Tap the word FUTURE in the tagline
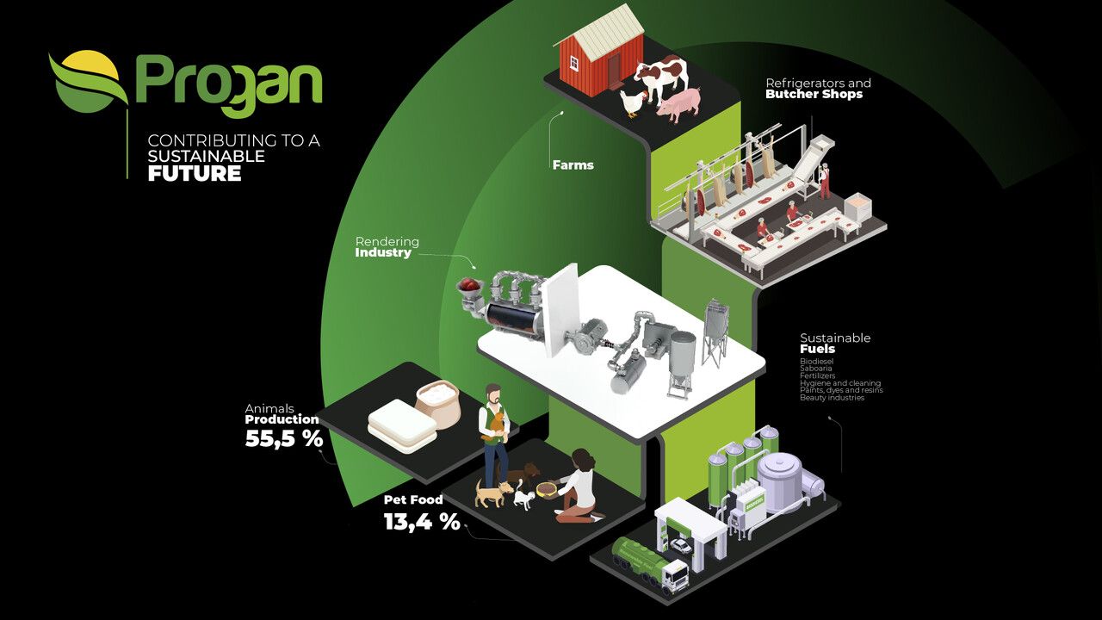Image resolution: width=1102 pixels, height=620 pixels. (x=194, y=173)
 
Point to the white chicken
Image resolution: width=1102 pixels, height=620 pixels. (x=633, y=102)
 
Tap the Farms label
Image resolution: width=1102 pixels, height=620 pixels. (x=573, y=164)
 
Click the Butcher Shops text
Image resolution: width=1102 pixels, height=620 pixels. (x=814, y=94)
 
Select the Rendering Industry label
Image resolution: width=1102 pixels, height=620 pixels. (x=387, y=247)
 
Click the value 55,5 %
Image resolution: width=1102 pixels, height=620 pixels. (x=283, y=439)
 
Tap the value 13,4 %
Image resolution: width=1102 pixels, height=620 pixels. (x=421, y=521)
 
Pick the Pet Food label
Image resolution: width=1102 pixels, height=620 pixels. (x=413, y=499)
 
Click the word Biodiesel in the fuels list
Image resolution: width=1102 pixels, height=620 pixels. (x=816, y=362)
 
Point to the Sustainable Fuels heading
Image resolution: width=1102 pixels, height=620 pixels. (x=834, y=343)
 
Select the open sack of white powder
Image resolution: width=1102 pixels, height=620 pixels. (x=440, y=404)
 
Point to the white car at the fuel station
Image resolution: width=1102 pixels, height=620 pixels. (x=681, y=545)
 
